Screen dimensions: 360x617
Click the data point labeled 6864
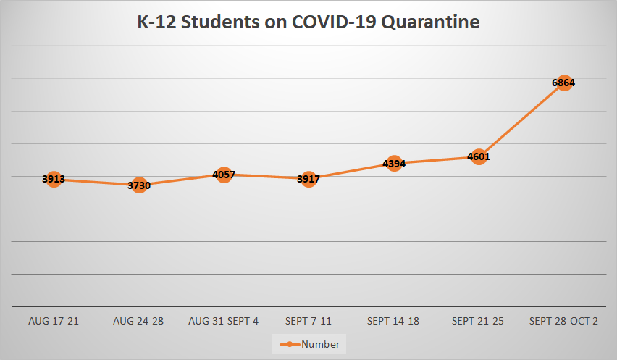pyautogui.click(x=563, y=83)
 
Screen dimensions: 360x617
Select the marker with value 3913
pyautogui.click(x=54, y=179)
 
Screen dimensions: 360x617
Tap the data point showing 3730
pyautogui.click(x=138, y=185)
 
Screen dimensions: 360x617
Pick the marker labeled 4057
pyautogui.click(x=224, y=175)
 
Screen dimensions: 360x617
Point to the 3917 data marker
pyautogui.click(x=308, y=179)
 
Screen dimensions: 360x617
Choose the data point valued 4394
pyautogui.click(x=393, y=164)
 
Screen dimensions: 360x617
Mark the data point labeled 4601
pyautogui.click(x=479, y=156)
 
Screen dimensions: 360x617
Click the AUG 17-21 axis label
pyautogui.click(x=54, y=321)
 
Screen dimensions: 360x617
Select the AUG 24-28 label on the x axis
pyautogui.click(x=138, y=321)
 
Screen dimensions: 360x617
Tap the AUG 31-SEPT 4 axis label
pyautogui.click(x=223, y=321)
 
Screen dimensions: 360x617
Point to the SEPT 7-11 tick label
pyautogui.click(x=308, y=321)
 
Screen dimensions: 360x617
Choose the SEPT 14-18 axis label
pyautogui.click(x=393, y=321)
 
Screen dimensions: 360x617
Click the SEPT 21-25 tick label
pyautogui.click(x=479, y=321)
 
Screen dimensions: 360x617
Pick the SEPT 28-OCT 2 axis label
pyautogui.click(x=563, y=321)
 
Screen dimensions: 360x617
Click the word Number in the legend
pyautogui.click(x=320, y=344)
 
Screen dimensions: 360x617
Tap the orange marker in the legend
pyautogui.click(x=289, y=344)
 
